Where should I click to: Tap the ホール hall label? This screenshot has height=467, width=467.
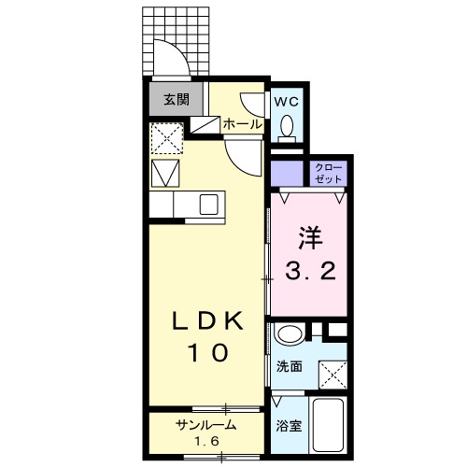tap(242, 123)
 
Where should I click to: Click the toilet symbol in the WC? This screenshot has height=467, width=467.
tap(288, 125)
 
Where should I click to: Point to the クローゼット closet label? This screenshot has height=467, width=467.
tap(329, 172)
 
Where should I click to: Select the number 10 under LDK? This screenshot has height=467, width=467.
tap(208, 353)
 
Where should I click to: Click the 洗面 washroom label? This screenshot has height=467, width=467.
tap(289, 367)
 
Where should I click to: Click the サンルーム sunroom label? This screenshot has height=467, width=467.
tap(205, 425)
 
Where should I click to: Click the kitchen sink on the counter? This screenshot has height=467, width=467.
tap(208, 203)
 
